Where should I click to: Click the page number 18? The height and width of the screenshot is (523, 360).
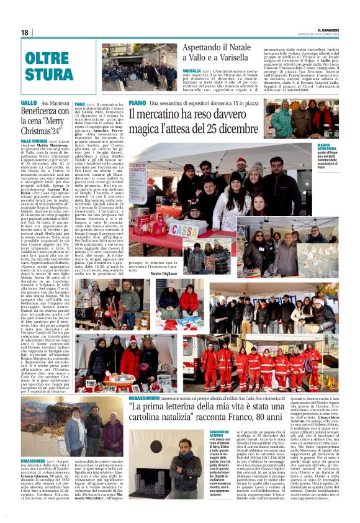tap(24, 32)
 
